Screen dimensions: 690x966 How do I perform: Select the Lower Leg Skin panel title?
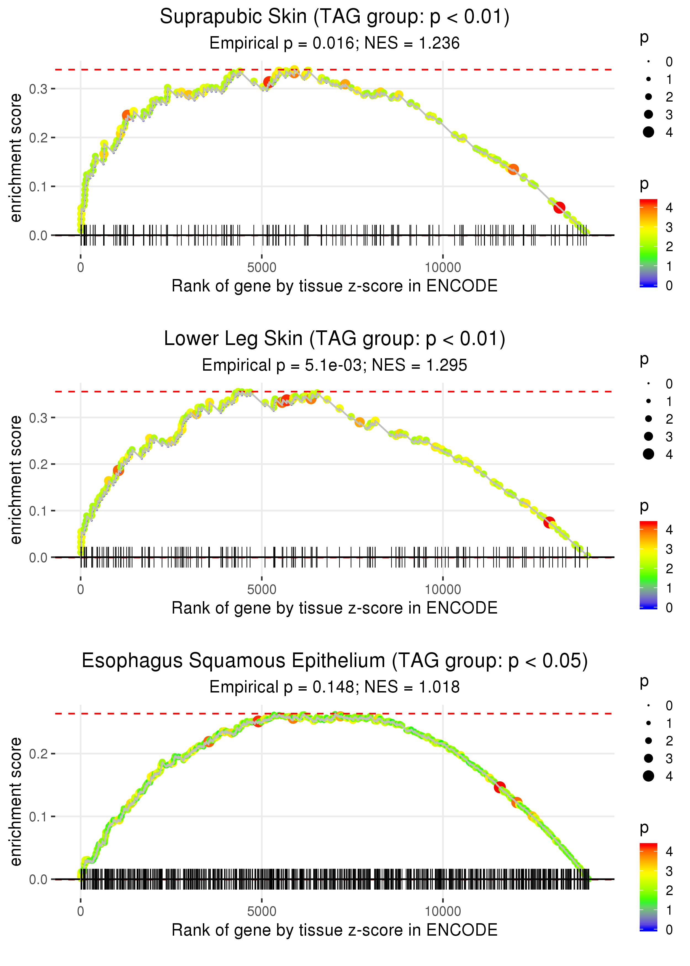pyautogui.click(x=335, y=339)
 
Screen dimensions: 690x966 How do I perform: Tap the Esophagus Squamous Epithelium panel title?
pyautogui.click(x=335, y=661)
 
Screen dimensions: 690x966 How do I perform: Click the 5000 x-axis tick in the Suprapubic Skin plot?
pyautogui.click(x=262, y=267)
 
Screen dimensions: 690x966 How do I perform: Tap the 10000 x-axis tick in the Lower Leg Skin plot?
pyautogui.click(x=443, y=589)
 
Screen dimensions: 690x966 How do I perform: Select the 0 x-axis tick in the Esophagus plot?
pyautogui.click(x=81, y=911)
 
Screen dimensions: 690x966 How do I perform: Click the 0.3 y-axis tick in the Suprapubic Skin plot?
pyautogui.click(x=38, y=89)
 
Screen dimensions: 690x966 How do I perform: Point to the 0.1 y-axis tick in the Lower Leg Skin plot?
pyautogui.click(x=38, y=511)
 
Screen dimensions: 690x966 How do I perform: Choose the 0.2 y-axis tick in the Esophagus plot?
pyautogui.click(x=38, y=754)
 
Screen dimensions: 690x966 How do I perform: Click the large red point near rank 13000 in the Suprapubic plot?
pyautogui.click(x=559, y=207)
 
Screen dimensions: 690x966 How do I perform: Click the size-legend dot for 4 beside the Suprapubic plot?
pyautogui.click(x=648, y=132)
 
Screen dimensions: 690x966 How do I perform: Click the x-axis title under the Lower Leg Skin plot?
pyautogui.click(x=335, y=608)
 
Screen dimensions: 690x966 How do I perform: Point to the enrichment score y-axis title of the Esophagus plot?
pyautogui.click(x=16, y=802)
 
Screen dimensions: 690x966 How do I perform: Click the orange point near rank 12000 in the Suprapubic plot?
pyautogui.click(x=513, y=169)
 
